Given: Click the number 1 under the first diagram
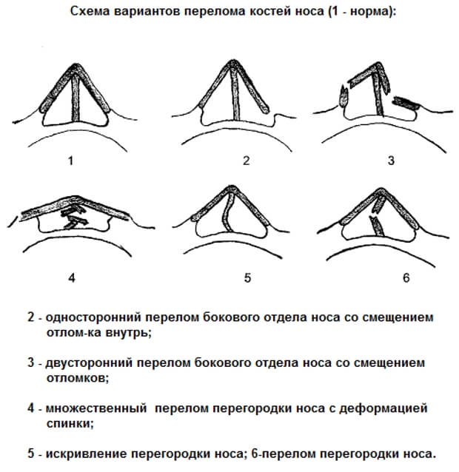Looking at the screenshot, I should point(70,160).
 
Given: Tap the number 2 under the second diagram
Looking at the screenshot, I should point(247,160).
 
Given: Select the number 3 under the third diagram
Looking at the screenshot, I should point(391,160).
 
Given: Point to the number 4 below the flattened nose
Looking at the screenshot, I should point(71,278).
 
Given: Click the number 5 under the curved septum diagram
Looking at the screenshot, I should point(247,278).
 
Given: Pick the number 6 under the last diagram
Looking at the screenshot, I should point(405,278).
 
